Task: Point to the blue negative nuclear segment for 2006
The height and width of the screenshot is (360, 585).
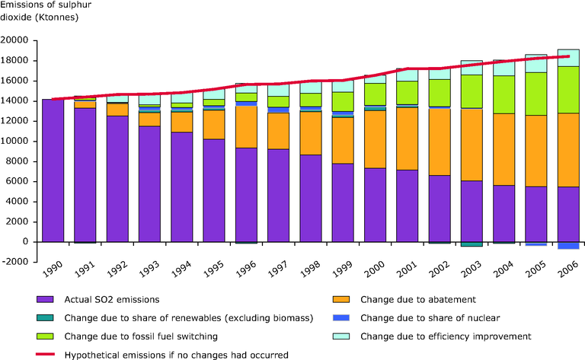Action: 568,245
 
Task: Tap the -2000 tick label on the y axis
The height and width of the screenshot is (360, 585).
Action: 17,262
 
